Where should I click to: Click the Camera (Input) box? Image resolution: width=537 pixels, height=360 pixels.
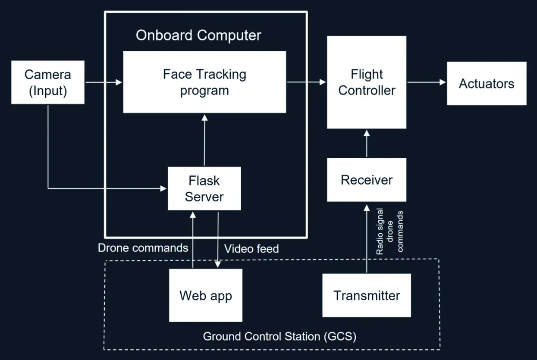click(47, 82)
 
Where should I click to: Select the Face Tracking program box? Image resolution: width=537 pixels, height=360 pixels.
click(204, 82)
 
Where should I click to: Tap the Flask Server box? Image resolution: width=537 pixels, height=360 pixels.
click(204, 189)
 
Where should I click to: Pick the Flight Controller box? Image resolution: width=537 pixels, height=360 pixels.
click(367, 82)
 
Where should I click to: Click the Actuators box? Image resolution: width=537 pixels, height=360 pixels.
click(487, 83)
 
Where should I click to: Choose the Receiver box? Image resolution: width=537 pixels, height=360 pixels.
click(367, 180)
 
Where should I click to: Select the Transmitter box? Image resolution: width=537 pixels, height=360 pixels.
click(367, 296)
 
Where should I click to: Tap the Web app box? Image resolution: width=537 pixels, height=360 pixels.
click(206, 296)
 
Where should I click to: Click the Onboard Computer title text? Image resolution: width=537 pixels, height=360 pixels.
click(198, 35)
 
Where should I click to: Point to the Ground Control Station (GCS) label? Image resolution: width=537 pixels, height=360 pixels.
click(279, 336)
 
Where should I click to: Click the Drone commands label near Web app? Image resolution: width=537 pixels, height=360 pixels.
click(143, 248)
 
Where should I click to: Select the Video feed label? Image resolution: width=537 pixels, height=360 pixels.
click(251, 249)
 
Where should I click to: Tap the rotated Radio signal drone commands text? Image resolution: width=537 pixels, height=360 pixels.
click(389, 232)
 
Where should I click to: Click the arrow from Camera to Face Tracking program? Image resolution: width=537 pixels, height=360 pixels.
click(104, 82)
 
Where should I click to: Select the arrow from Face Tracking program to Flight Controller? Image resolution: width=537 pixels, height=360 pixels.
click(306, 82)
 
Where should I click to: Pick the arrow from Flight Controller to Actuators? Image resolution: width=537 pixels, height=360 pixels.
click(426, 82)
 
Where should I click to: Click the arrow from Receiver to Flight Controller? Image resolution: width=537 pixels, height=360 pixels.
click(367, 144)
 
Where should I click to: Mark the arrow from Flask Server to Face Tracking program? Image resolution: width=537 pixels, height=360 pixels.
click(204, 140)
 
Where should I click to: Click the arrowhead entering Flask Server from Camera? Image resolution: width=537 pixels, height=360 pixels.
click(163, 188)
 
